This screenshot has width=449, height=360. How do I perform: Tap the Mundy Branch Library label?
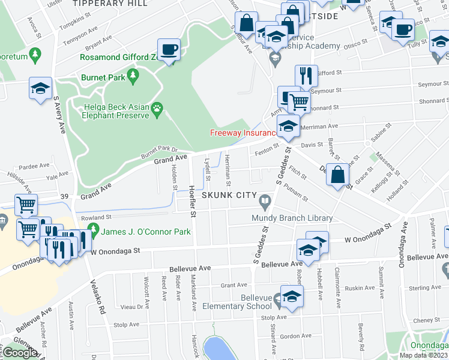[292, 218]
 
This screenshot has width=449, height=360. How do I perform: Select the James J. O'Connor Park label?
[145, 232]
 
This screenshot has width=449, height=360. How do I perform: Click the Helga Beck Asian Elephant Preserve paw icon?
[157, 108]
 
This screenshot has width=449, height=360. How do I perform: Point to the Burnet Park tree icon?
[133, 77]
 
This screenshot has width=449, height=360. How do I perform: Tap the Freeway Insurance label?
[243, 133]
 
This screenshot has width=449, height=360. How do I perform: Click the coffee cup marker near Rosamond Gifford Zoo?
[169, 49]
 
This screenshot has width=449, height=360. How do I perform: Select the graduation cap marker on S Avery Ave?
[40, 89]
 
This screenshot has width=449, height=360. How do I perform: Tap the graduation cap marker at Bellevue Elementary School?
[292, 296]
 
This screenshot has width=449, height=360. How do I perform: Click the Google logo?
[20, 353]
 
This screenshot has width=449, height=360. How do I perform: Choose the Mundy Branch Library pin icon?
[265, 197]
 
